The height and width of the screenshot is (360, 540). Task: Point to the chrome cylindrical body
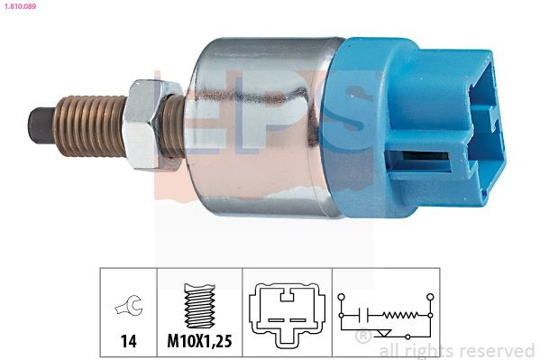click(261, 126)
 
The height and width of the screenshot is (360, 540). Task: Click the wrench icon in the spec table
click(128, 308)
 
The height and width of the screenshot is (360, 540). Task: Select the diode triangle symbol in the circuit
click(387, 335)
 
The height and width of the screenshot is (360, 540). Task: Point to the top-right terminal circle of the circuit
click(430, 295)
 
